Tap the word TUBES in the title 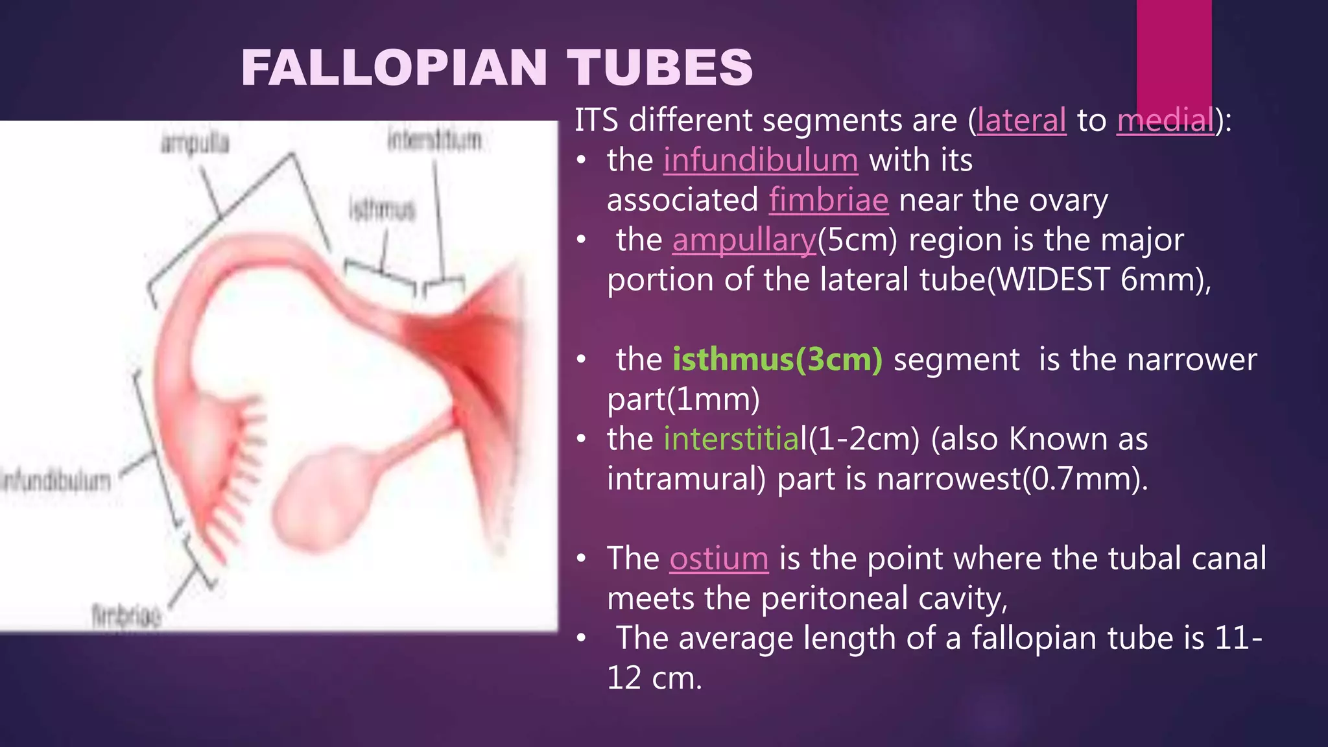point(659,67)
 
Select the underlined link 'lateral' point(1021,121)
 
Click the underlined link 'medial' point(1165,121)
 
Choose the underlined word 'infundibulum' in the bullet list point(761,160)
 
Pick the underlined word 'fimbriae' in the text point(828,200)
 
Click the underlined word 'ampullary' point(744,241)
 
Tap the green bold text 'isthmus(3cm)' point(777,360)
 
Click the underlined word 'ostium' point(718,559)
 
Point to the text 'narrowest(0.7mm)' point(1012,479)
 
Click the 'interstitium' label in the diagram point(434,139)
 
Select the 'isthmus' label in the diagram point(382,209)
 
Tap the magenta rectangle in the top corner point(1174,52)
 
